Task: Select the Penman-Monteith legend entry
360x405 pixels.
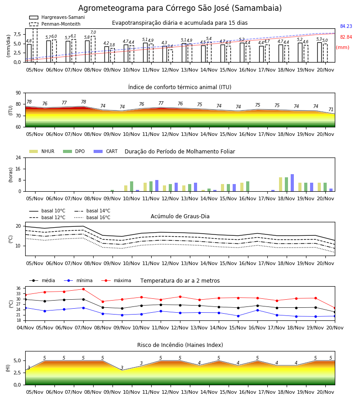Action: point(55,24)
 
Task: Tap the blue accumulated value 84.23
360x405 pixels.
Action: point(346,26)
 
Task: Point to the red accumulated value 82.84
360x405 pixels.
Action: point(346,37)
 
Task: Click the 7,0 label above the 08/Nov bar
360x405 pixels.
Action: point(93,32)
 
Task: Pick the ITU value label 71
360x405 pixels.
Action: point(331,109)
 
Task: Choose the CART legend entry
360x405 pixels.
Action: point(106,151)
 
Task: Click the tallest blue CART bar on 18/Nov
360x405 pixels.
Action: point(292,183)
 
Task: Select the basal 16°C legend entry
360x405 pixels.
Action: point(92,217)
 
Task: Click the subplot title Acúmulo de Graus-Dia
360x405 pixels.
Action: point(180,216)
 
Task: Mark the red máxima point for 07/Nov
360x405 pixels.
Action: point(83,289)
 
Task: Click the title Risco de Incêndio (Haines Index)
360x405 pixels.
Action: point(180,345)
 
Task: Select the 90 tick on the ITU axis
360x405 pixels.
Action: point(18,93)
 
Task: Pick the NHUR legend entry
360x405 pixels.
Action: point(42,151)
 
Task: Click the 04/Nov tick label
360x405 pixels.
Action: point(25,328)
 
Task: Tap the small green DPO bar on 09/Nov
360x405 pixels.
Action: point(112,191)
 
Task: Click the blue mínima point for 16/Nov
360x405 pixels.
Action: point(257,310)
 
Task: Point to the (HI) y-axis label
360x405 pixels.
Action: point(8,368)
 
